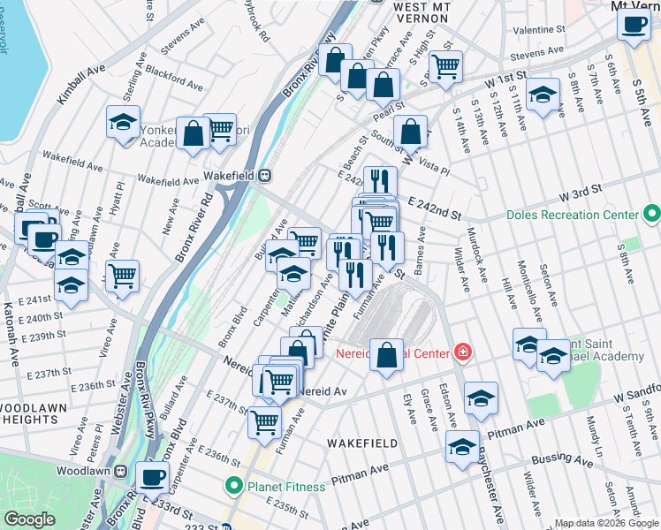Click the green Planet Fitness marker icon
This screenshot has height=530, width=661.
click(x=234, y=484)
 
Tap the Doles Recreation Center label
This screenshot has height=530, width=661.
click(x=573, y=215)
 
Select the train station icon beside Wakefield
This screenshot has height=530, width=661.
click(x=264, y=176)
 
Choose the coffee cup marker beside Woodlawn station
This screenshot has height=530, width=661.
click(x=152, y=477)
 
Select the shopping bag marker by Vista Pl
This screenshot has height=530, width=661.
click(x=411, y=132)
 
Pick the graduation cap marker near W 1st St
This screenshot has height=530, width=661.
click(x=542, y=94)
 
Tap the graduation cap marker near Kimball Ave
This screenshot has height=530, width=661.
click(x=124, y=121)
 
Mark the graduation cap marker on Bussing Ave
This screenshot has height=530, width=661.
click(x=463, y=447)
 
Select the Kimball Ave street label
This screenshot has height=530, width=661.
click(x=81, y=84)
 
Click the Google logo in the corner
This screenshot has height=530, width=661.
click(x=29, y=519)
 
